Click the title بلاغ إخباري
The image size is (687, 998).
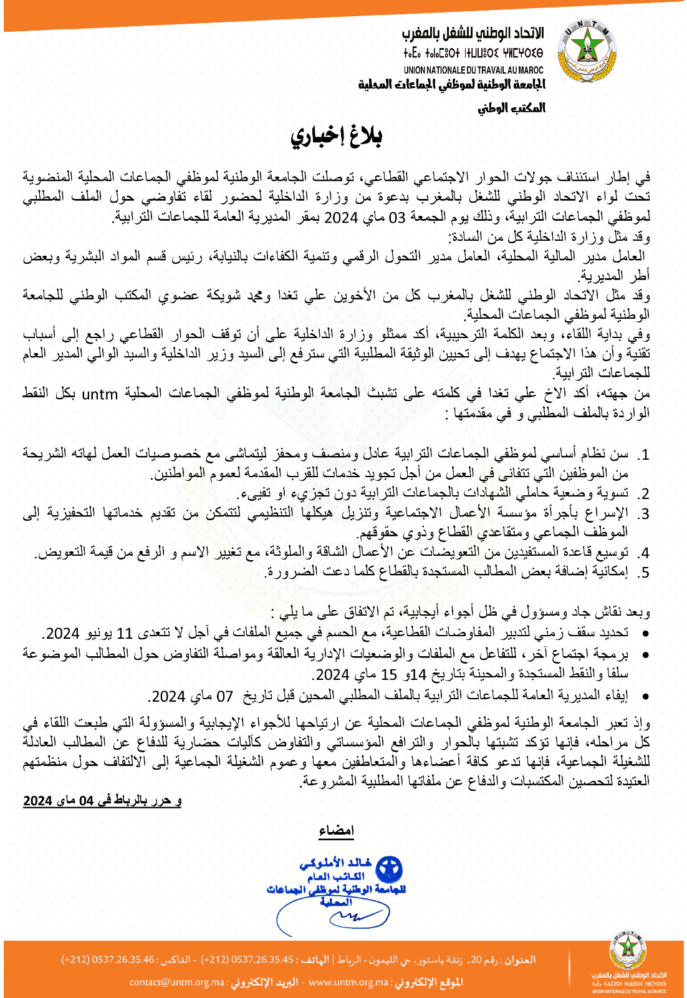pyautogui.click(x=336, y=136)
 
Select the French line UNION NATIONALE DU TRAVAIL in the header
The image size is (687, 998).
pyautogui.click(x=473, y=70)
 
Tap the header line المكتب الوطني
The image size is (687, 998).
pyautogui.click(x=511, y=108)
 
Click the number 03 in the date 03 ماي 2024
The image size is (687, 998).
pyautogui.click(x=398, y=217)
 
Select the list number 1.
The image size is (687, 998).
pyautogui.click(x=643, y=454)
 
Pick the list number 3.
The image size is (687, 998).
pyautogui.click(x=643, y=513)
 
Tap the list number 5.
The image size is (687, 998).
pyautogui.click(x=643, y=572)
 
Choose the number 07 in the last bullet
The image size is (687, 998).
pyautogui.click(x=224, y=696)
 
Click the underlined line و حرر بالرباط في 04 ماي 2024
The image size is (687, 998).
pyautogui.click(x=102, y=801)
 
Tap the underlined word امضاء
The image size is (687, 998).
pyautogui.click(x=336, y=831)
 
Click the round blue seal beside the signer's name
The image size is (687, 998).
pyautogui.click(x=388, y=870)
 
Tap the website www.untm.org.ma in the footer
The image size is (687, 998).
pyautogui.click(x=348, y=982)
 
